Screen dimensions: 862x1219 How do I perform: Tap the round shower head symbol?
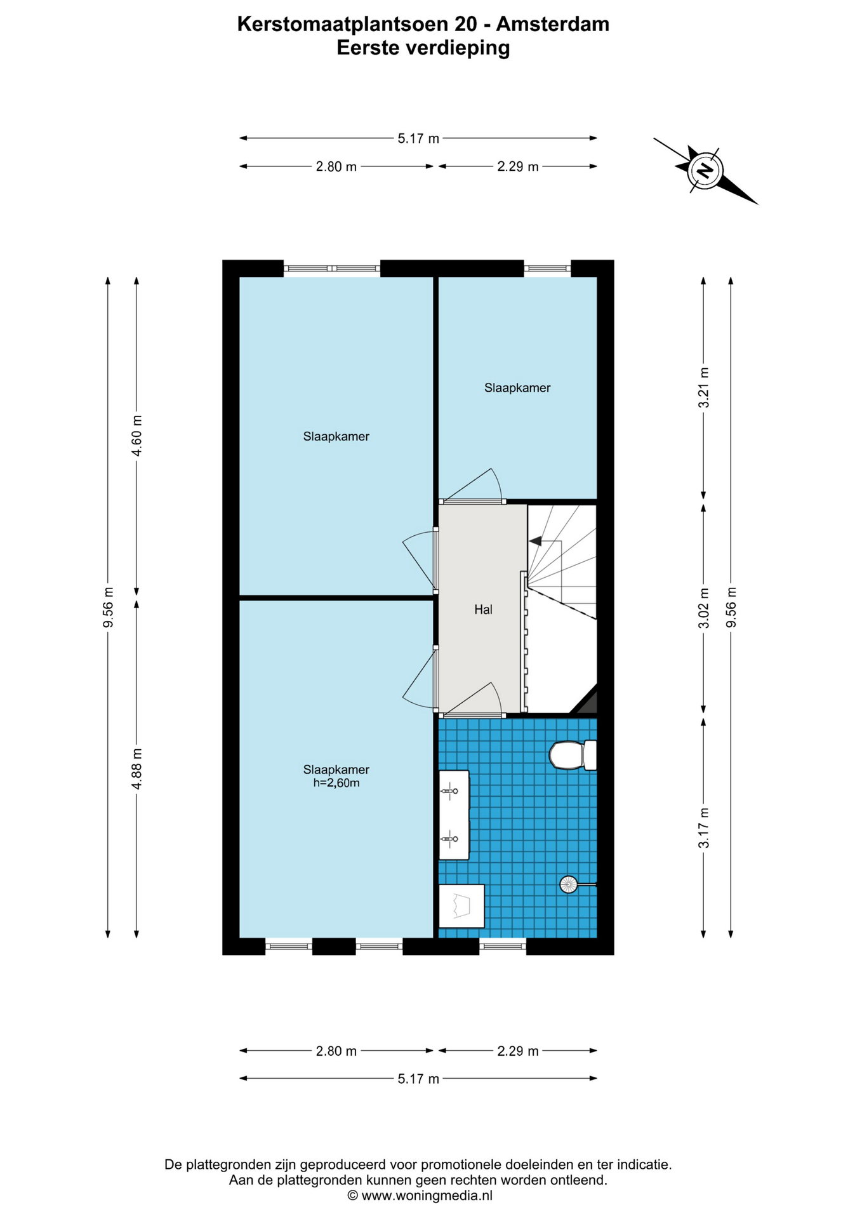click(x=568, y=884)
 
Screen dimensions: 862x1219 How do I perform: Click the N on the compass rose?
click(x=705, y=170)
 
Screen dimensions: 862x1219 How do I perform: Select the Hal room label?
click(x=483, y=609)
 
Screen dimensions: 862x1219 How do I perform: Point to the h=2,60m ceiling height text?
click(x=336, y=783)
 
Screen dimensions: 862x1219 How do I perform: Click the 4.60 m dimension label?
click(x=136, y=435)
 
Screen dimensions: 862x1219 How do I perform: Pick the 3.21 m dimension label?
click(x=703, y=388)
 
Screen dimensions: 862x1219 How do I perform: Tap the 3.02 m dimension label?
click(x=703, y=608)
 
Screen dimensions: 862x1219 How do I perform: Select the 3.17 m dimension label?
click(x=703, y=828)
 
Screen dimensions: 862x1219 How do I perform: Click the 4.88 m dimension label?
click(x=136, y=769)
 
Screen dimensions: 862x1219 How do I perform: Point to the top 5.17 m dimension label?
click(x=418, y=138)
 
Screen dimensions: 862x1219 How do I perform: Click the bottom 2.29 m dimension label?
click(x=518, y=1051)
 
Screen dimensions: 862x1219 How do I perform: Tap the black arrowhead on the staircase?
click(x=535, y=541)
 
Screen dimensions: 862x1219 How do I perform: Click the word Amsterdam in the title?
click(x=553, y=24)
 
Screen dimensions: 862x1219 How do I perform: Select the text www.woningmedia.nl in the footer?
click(x=427, y=1196)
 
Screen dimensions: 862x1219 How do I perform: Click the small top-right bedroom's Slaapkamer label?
click(x=517, y=388)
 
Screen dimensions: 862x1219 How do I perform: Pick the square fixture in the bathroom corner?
click(x=462, y=906)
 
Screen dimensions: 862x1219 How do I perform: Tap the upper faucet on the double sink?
click(x=449, y=791)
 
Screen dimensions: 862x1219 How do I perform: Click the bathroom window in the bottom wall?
click(x=503, y=947)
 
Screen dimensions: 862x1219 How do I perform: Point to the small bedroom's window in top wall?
click(x=547, y=269)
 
